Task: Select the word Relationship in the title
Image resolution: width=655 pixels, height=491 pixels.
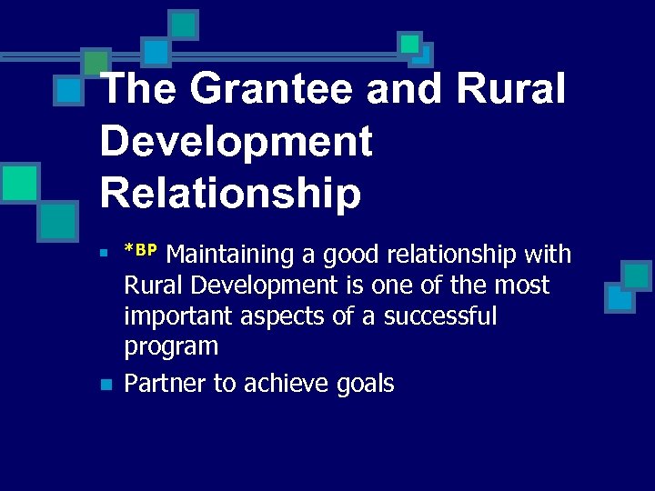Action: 230,192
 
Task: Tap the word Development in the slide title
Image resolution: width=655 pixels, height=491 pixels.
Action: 237,141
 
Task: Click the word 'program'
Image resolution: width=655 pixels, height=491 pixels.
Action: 171,347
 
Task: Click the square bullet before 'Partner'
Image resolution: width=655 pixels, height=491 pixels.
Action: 106,386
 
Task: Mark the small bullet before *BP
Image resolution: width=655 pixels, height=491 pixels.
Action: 106,252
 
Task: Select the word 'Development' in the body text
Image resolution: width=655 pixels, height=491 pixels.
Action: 267,286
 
